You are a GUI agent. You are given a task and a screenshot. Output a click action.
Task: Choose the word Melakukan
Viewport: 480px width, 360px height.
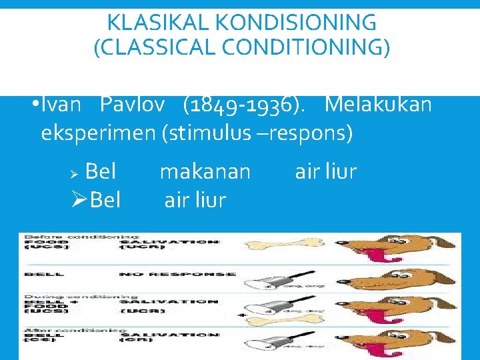click(379, 105)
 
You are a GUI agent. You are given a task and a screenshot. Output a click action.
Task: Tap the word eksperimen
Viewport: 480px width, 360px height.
click(98, 133)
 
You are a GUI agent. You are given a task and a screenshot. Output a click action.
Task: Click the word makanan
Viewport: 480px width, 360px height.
click(205, 172)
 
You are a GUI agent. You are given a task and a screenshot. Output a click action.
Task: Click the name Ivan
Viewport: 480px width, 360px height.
click(61, 105)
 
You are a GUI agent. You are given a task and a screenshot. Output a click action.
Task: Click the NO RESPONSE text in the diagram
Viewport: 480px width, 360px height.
click(177, 274)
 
